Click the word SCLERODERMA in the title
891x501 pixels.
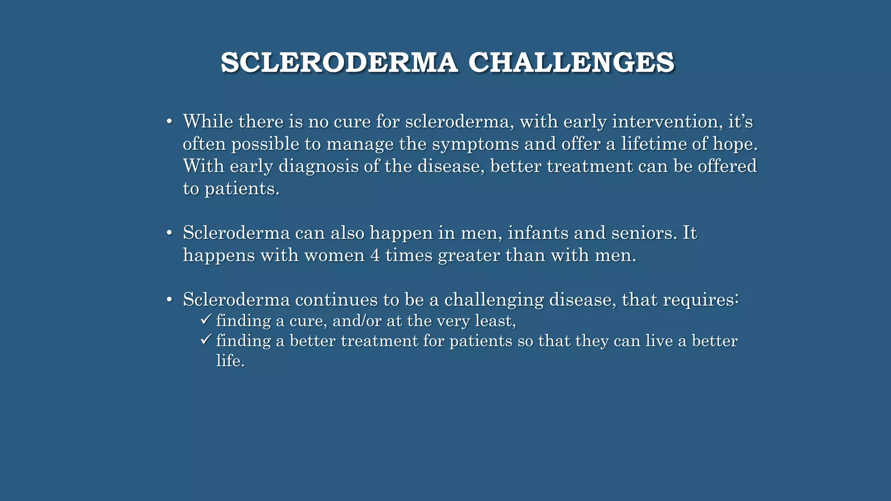(x=339, y=63)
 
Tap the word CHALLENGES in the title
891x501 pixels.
(x=571, y=63)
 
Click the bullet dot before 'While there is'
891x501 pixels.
(x=170, y=121)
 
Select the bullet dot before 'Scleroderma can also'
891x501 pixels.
(x=170, y=233)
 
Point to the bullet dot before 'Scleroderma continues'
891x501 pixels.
(x=170, y=300)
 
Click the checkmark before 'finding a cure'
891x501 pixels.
(x=206, y=320)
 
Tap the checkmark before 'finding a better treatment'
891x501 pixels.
(x=206, y=339)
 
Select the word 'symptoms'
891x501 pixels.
(x=476, y=144)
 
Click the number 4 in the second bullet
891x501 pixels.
(x=375, y=255)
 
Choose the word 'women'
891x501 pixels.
(x=335, y=255)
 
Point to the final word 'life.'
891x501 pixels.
(x=230, y=361)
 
